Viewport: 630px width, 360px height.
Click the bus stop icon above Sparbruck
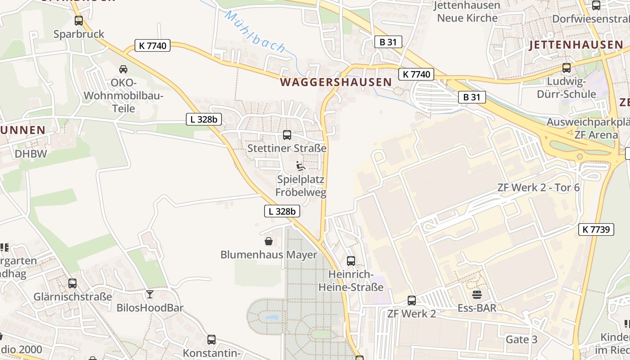(79, 20)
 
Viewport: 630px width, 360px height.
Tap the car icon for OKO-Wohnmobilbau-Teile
(123, 69)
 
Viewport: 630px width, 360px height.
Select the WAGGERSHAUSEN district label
(336, 82)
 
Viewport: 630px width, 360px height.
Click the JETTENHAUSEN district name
(576, 45)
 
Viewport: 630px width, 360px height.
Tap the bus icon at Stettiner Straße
(287, 135)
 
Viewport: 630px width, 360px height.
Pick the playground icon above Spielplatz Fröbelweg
(301, 166)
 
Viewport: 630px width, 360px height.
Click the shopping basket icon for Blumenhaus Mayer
(269, 241)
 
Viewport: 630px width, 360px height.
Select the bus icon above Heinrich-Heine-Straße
(351, 261)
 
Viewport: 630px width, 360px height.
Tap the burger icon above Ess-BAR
(477, 295)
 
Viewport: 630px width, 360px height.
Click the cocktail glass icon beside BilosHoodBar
(150, 294)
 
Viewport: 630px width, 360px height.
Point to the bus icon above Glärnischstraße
(72, 283)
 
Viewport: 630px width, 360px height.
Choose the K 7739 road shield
(596, 229)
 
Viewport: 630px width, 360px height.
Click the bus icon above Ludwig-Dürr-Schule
(567, 68)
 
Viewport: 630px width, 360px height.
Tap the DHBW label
(31, 153)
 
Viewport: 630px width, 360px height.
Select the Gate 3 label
(522, 339)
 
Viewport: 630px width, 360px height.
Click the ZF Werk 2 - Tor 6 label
(539, 188)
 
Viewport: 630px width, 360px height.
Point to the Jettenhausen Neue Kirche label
(468, 12)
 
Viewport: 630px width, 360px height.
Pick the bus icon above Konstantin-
(211, 339)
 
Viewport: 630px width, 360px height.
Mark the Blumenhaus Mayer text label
(269, 255)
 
